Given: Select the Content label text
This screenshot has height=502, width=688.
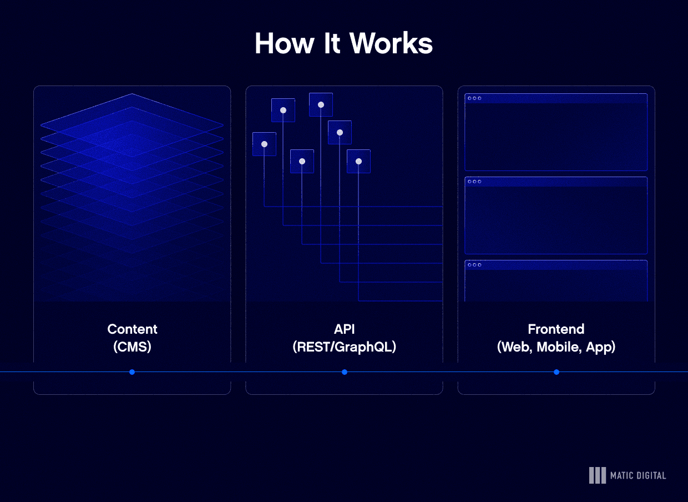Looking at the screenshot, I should tap(132, 329).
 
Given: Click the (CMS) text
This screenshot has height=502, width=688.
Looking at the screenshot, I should tap(132, 347).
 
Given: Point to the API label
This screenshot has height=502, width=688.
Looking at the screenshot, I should tap(344, 329).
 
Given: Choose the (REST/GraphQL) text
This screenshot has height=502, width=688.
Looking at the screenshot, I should tap(344, 347).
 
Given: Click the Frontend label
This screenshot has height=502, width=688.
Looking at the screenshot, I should tap(556, 329).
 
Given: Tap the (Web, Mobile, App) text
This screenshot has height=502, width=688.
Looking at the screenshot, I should tap(556, 347).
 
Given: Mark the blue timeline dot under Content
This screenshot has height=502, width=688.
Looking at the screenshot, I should tap(132, 372).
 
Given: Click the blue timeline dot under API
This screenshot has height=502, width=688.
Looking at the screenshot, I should tap(345, 372).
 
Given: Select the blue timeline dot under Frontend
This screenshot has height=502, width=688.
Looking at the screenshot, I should tap(557, 372).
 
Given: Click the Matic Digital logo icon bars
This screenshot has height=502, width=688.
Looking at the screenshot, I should tap(597, 475).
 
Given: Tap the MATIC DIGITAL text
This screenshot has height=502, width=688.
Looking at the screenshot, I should tap(638, 475).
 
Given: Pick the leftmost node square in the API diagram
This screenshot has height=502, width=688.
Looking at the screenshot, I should tap(264, 144).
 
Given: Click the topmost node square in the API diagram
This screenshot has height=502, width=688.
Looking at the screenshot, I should tap(321, 104).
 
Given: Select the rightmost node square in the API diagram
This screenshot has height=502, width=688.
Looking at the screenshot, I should tap(358, 161).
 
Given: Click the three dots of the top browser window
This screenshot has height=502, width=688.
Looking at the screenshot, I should tap(474, 98).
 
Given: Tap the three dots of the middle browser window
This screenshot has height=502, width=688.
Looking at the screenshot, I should tap(474, 182).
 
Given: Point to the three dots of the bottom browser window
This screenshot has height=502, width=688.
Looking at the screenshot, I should tap(474, 265).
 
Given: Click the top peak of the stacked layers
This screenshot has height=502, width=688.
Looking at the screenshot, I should tap(132, 95).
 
